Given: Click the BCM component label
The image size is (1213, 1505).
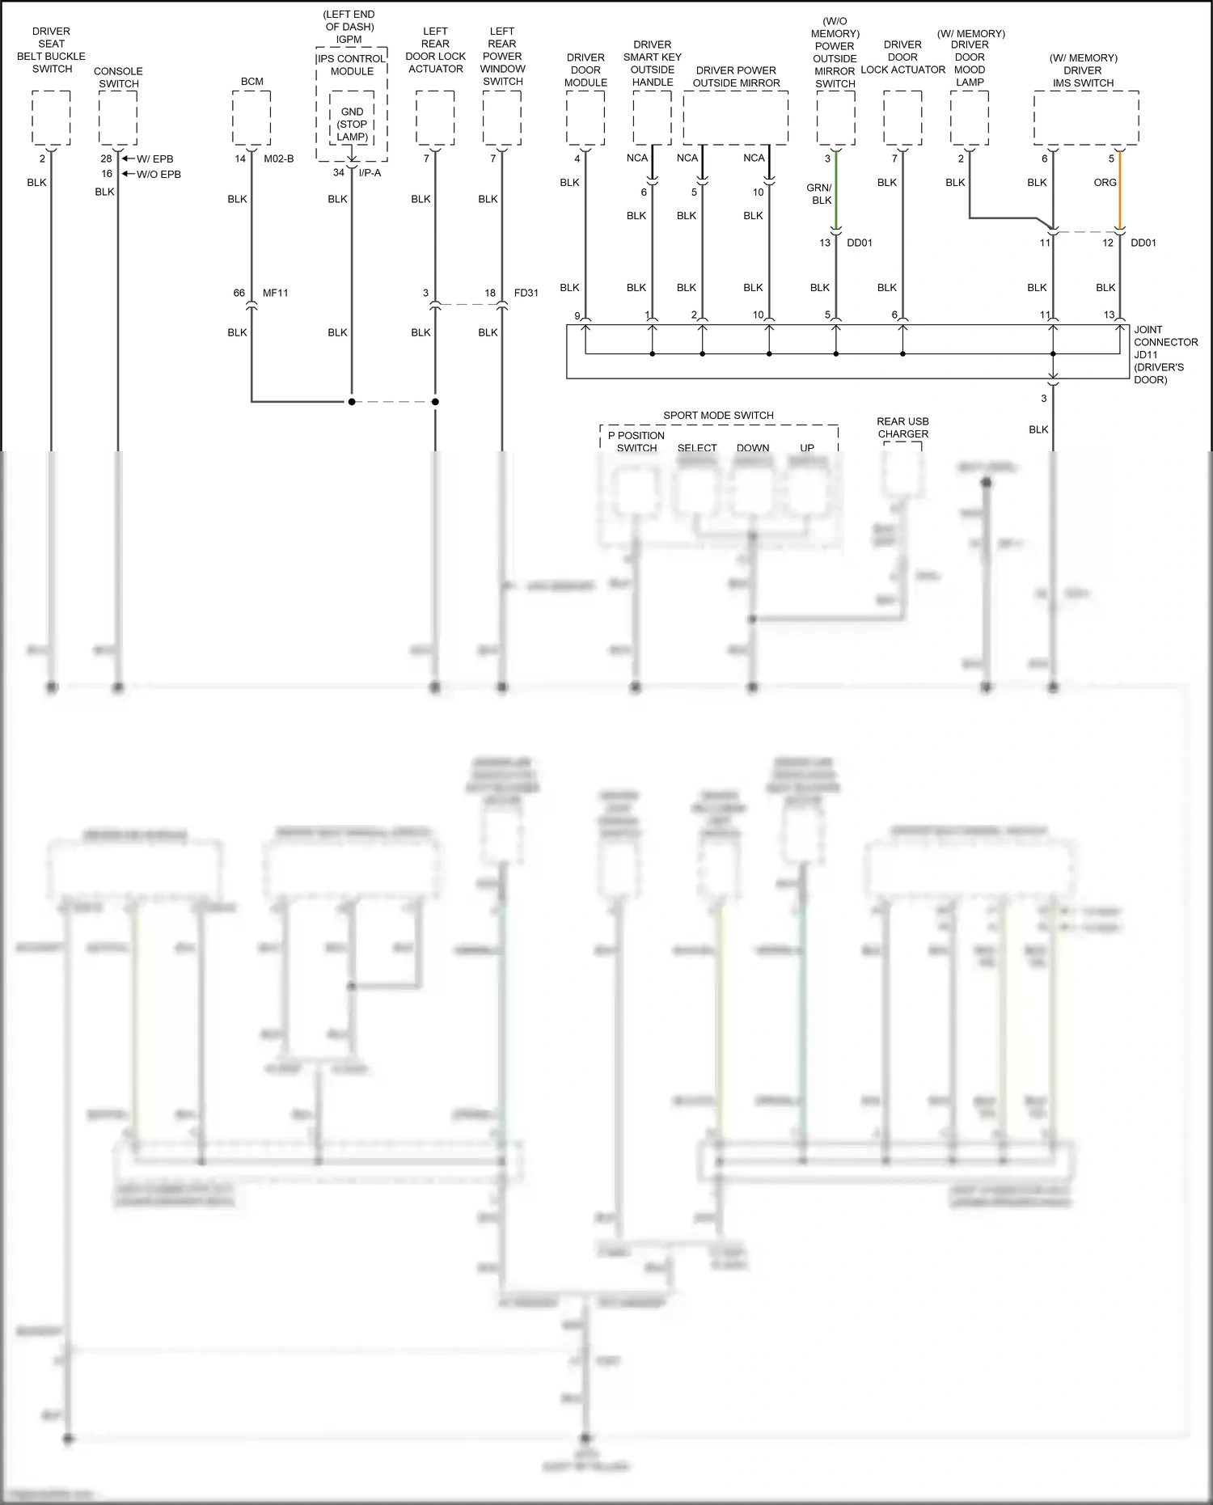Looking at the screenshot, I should coord(251,82).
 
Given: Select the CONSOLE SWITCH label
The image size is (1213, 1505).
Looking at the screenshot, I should coord(118,78).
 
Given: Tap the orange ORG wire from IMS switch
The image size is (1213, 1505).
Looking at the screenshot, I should coord(1119,194).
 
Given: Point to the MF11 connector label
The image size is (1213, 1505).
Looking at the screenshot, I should coord(275,293).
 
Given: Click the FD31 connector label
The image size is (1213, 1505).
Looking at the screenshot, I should coord(526,293).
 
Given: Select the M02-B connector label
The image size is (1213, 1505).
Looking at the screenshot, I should coord(278,159).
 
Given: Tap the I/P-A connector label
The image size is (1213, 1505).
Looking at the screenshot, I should coord(369,173).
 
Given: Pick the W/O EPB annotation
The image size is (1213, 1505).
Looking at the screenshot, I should coord(158,175).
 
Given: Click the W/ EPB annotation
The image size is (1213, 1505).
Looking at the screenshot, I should coord(154,159).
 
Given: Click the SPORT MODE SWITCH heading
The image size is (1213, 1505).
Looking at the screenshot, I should coord(718,416).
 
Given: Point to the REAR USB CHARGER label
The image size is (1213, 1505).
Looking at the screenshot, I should coord(902,428).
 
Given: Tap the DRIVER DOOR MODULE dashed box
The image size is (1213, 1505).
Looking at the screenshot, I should coord(585,118).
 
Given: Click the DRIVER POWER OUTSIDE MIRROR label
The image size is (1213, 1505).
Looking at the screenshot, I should coord(736,77).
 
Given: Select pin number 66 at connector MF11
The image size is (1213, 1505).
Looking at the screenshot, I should coord(239,293).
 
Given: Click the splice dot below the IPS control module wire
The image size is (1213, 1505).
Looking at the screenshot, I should coord(352,401).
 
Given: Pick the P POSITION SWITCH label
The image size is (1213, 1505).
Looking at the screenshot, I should coord(636,442).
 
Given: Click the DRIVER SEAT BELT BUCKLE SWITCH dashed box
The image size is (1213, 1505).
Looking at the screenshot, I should coord(51,118).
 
